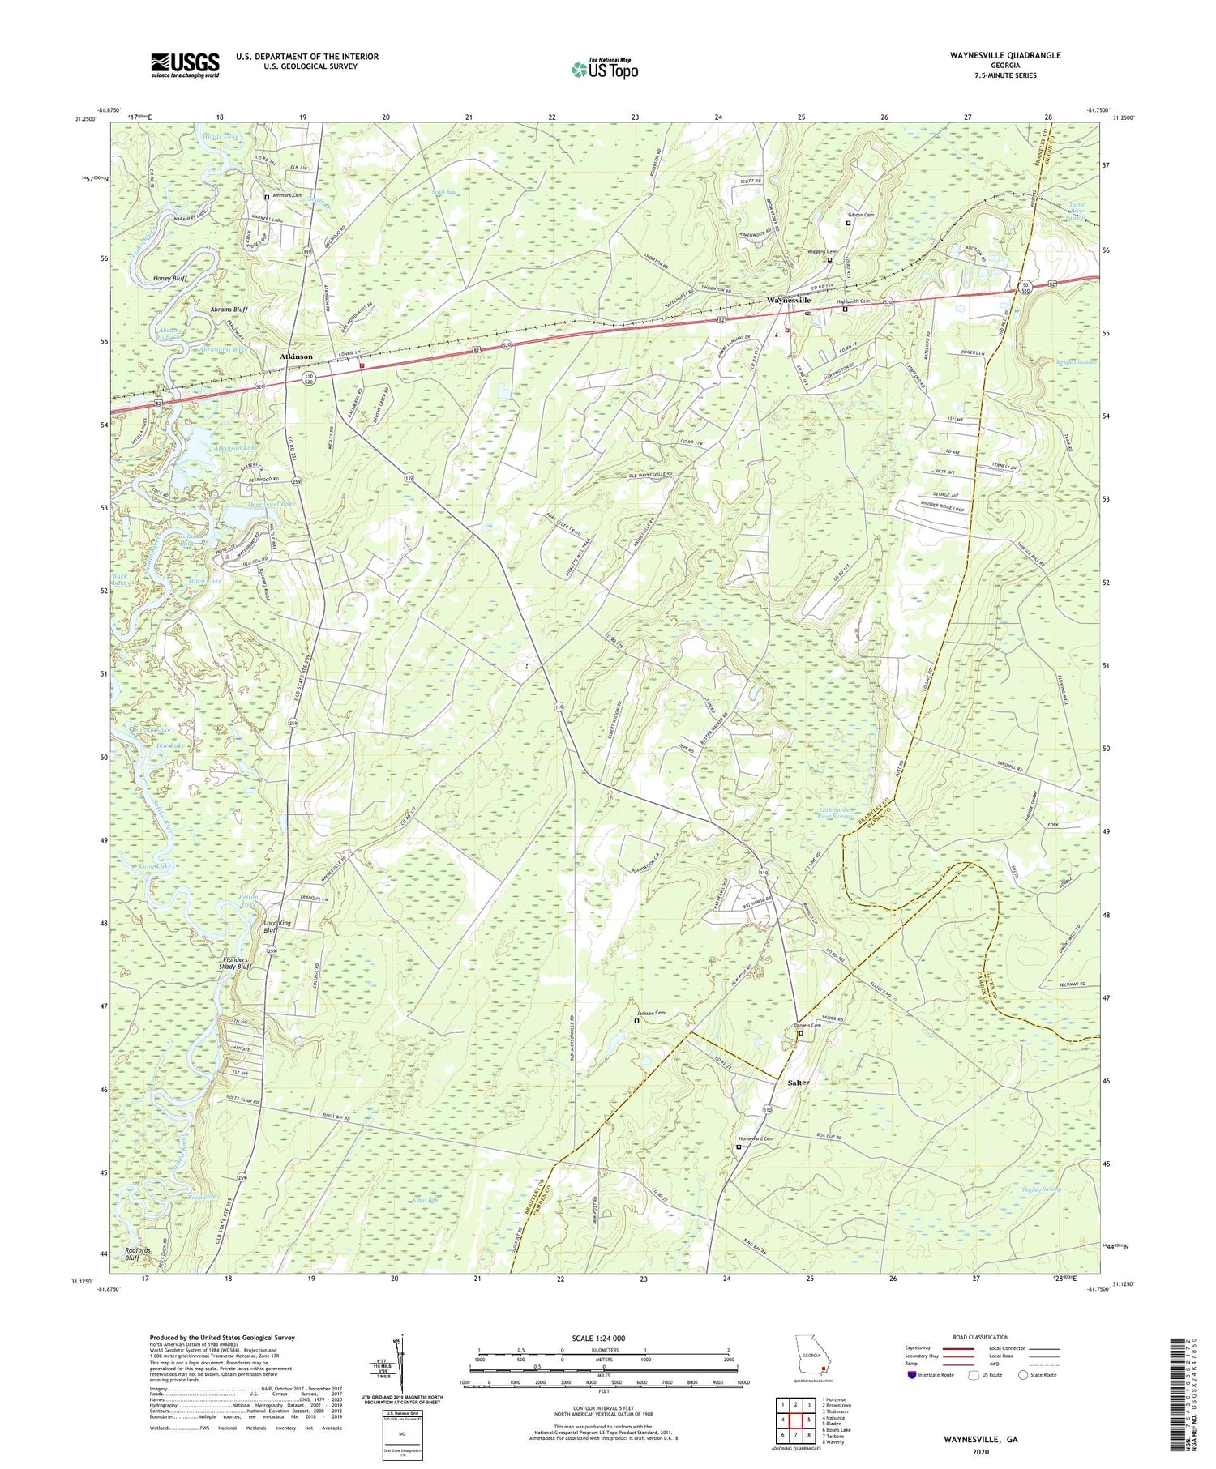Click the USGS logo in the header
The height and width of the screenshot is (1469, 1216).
[x=185, y=65]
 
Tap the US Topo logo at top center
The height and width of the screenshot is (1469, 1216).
[x=604, y=69]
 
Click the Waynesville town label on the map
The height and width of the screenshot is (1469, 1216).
[x=789, y=301]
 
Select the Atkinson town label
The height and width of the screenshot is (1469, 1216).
[x=296, y=357]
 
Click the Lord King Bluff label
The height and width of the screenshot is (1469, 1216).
[x=276, y=927]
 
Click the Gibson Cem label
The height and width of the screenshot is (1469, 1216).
[x=861, y=215]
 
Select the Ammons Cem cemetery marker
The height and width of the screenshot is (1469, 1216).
[x=267, y=197]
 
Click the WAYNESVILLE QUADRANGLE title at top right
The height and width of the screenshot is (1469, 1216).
[x=994, y=55]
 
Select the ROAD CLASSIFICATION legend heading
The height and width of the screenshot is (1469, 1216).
[x=981, y=1337]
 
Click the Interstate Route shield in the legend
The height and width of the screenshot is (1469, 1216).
[x=913, y=1375]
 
